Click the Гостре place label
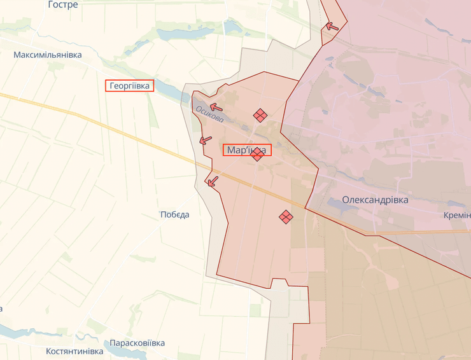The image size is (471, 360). click(63, 5)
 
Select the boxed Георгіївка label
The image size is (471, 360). click(130, 86)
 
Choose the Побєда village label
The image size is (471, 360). click(174, 214)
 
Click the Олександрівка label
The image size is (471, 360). click(375, 200)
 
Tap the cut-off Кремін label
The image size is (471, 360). click(457, 216)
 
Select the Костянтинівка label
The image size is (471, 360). click(74, 351)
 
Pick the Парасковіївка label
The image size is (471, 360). click(137, 343)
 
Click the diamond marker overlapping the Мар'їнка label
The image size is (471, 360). click(257, 155)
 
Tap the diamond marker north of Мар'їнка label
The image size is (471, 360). click(259, 115)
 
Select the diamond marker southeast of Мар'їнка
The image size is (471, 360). click(286, 218)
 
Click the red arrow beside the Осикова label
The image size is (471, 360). click(216, 107)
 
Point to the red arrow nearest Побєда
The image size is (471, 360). click(212, 181)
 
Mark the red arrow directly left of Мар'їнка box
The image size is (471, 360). click(206, 140)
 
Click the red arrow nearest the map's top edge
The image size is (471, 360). click(330, 26)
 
